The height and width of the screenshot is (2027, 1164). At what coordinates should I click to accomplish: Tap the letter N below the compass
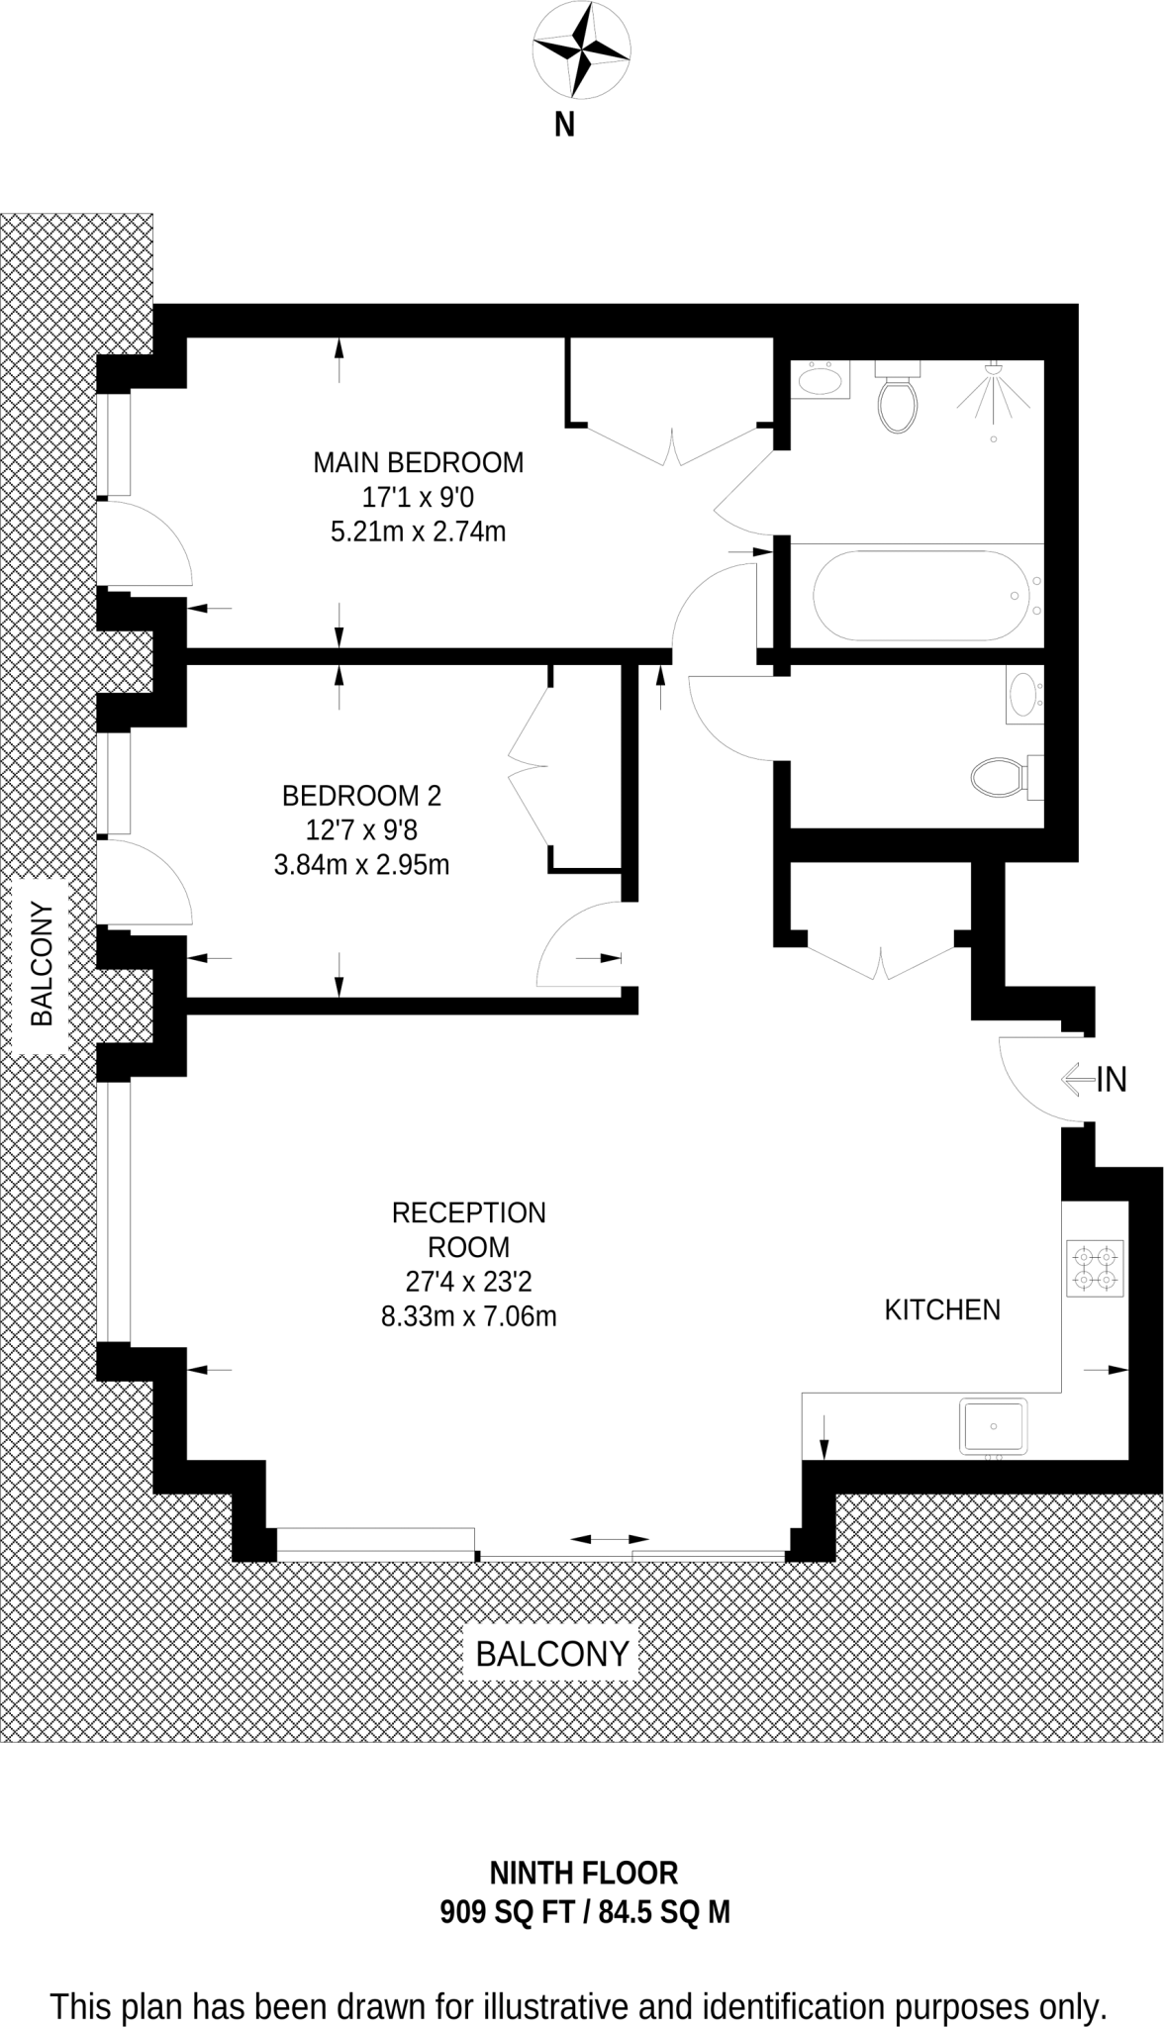564,126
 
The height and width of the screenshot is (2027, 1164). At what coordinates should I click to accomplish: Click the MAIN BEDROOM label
418,462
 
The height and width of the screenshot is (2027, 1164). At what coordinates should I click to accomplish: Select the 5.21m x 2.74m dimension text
418,532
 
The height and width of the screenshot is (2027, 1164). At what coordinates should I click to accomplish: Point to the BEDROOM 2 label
361,795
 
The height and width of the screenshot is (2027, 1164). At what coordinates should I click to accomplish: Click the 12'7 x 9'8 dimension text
361,829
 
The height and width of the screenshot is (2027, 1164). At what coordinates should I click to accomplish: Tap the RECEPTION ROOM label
468,1229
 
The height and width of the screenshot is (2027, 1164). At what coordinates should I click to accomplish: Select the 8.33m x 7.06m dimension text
468,1316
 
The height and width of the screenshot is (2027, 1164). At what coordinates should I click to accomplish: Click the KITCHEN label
941,1309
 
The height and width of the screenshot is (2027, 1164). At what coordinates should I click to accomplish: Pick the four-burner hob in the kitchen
1095,1269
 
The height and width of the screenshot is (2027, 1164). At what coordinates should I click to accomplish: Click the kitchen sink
994,1426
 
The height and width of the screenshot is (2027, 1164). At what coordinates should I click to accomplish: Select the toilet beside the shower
898,401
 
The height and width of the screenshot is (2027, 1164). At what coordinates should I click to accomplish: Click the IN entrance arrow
1094,1078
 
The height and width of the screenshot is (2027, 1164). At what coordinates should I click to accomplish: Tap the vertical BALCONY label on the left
42,963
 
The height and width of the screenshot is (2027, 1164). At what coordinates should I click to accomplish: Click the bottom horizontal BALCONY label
552,1654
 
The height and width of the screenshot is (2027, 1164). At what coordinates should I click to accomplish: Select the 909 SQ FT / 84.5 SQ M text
584,1912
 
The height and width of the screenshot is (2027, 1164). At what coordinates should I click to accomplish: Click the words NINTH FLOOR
584,1873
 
